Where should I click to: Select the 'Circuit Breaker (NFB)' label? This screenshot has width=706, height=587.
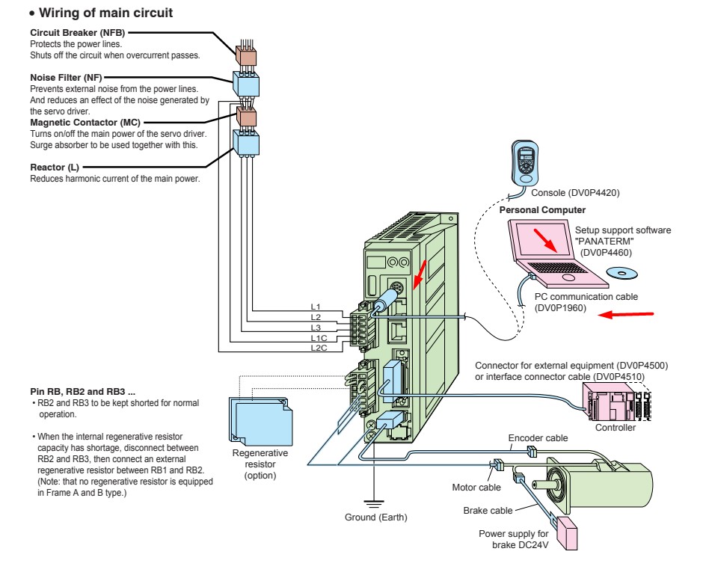(x=77, y=32)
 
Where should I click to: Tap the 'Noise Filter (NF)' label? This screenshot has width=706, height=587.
(x=67, y=77)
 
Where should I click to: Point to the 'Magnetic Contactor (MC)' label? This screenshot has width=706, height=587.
(x=85, y=121)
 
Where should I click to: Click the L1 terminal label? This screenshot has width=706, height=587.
(x=316, y=307)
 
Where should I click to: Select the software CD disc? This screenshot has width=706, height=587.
(x=627, y=274)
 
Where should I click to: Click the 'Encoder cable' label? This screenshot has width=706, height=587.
(x=538, y=438)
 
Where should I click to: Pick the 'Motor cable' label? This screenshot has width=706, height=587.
(x=476, y=488)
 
